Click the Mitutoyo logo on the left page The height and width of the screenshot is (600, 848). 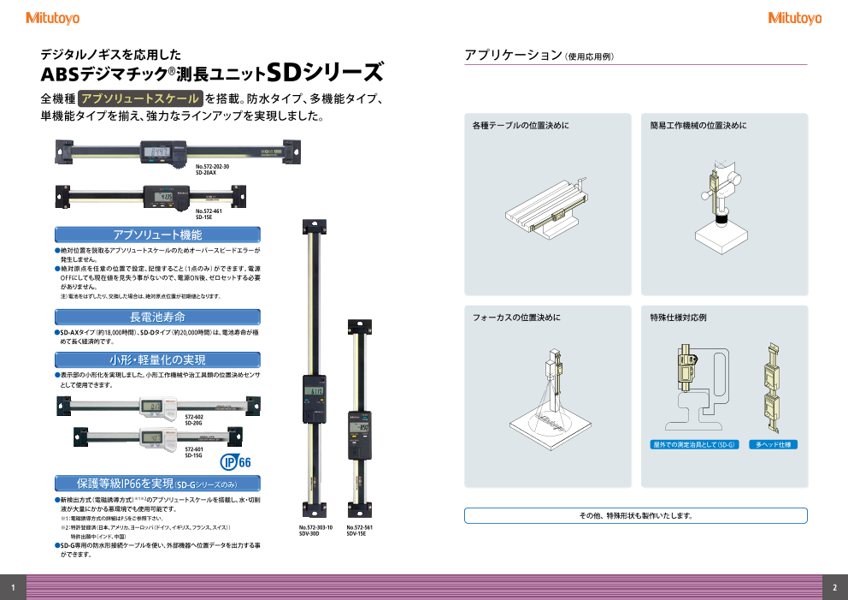[x=53, y=18]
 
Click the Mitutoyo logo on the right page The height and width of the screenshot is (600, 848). [x=794, y=18]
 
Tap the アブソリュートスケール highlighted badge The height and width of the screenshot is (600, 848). [x=140, y=98]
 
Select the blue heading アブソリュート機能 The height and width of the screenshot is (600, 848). [x=157, y=234]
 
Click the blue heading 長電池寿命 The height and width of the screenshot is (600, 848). [x=157, y=317]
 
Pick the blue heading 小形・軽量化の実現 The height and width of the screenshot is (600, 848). [x=157, y=359]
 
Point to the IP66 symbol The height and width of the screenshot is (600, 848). [x=236, y=462]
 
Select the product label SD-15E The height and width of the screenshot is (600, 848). [x=203, y=217]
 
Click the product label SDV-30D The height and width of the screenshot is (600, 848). [x=309, y=534]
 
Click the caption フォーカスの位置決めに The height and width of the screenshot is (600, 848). [x=516, y=318]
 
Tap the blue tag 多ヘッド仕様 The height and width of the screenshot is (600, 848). [x=773, y=445]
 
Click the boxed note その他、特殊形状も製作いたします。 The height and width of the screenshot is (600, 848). [x=635, y=515]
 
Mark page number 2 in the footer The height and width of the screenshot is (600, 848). [x=834, y=587]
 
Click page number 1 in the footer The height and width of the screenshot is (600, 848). [x=13, y=587]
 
